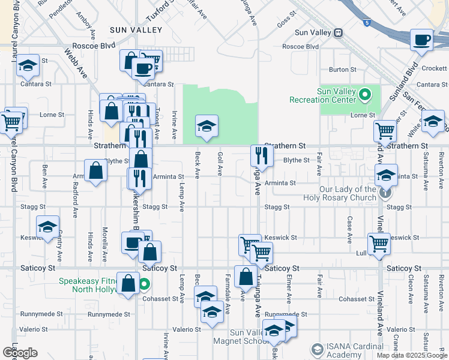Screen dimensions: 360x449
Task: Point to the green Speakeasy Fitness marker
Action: pos(144,284)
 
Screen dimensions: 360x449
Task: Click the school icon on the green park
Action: pos(207,127)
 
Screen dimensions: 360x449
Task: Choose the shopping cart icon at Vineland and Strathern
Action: pos(385,130)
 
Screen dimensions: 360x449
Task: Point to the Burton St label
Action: pos(342,70)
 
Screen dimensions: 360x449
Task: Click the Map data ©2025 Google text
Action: pos(412,355)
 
